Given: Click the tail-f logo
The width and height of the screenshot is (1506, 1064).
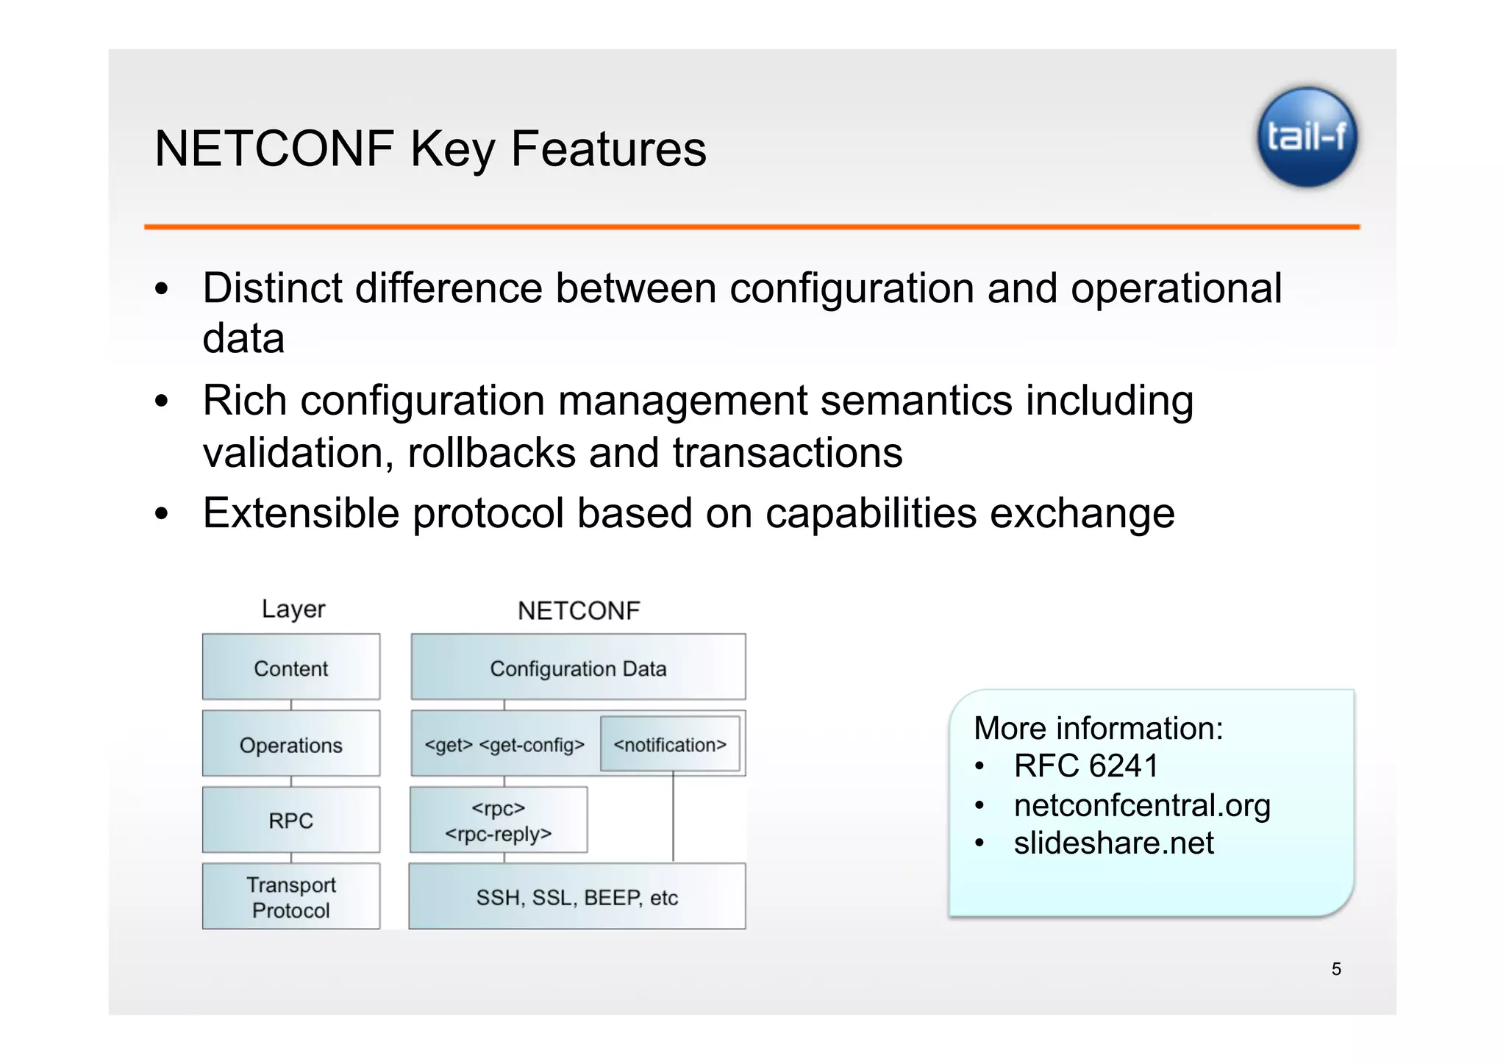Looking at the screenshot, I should coord(1307,137).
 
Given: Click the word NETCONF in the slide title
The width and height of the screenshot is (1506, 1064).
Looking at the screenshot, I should coord(274,149).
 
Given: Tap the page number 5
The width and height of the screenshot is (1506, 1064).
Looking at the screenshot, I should coord(1336,969).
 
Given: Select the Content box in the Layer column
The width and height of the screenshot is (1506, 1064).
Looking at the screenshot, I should coord(291,668).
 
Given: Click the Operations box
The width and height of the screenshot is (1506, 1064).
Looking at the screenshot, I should coord(291,744).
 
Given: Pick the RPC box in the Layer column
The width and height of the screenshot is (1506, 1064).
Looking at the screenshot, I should coord(291,820).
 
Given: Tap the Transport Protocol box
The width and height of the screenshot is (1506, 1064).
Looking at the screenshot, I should coord(291,896).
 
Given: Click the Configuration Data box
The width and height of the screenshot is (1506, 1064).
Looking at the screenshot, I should coord(578,668).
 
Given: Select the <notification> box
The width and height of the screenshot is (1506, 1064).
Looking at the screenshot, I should coord(670,744).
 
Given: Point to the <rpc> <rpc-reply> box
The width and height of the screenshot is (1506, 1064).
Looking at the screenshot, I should coord(499,820).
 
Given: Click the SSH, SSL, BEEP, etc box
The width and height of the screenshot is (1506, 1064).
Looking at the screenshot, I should coord(577,897).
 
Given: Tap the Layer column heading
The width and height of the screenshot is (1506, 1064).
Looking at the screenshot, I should coord(293,609).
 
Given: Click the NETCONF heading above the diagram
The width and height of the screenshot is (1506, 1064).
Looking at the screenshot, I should coord(579,610).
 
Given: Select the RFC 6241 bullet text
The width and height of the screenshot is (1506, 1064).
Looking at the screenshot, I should coord(1085,766).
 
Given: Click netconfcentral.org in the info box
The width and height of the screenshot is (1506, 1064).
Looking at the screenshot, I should coord(1141,805).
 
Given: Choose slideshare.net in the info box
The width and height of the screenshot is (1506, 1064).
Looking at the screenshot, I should coord(1113,843).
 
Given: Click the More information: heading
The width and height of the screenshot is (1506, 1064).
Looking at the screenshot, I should coord(1098,728).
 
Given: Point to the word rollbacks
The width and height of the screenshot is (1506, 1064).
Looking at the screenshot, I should coord(491,452).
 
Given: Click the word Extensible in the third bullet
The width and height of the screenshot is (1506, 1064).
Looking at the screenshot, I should coord(301,513).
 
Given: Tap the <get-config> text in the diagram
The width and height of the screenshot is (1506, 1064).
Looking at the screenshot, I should coord(532,745).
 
